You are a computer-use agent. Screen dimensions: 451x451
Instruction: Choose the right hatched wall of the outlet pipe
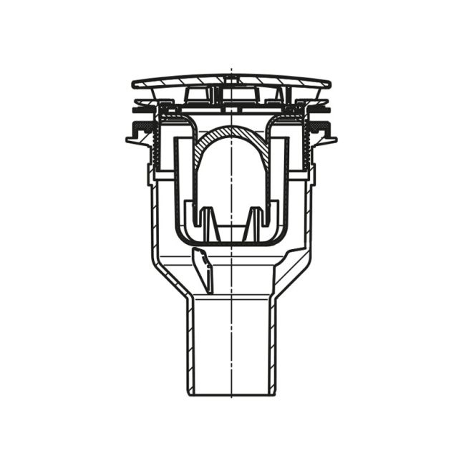pyautogui.click(x=276, y=344)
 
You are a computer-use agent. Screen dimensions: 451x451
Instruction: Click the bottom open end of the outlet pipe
pyautogui.click(x=232, y=393)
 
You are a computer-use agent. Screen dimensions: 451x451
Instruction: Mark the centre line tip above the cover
pyautogui.click(x=231, y=71)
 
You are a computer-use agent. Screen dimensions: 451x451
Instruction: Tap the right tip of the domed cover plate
pyautogui.click(x=330, y=84)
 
